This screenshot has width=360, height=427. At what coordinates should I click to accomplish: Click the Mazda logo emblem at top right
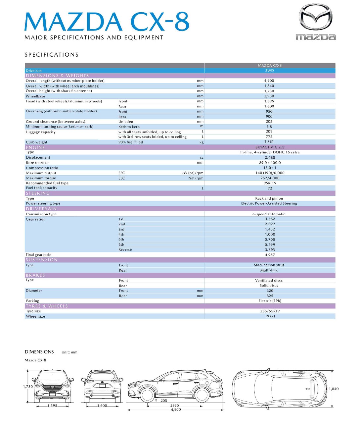click(x=315, y=17)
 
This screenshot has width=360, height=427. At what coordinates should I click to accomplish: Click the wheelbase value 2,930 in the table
click(x=269, y=96)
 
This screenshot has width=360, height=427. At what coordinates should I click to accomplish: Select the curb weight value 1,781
click(x=269, y=142)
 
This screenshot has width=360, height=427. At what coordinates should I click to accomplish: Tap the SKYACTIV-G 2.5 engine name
click(x=270, y=147)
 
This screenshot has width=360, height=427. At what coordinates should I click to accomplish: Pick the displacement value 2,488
click(x=270, y=158)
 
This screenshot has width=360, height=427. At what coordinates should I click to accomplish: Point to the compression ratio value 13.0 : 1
click(x=270, y=168)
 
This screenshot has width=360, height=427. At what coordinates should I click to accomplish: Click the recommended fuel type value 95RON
click(x=270, y=183)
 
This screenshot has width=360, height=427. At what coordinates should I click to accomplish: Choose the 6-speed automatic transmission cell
click(x=268, y=214)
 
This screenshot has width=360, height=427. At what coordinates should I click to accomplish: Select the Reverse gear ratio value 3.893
click(x=270, y=250)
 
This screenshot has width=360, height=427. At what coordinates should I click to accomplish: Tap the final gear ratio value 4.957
click(x=270, y=255)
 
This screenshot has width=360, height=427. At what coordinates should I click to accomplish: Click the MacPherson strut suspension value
click(x=269, y=265)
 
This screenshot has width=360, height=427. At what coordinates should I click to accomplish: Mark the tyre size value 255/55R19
click(x=270, y=311)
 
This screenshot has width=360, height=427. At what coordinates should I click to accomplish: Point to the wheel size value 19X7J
click(x=270, y=316)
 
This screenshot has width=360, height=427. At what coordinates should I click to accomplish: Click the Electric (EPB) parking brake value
click(x=270, y=301)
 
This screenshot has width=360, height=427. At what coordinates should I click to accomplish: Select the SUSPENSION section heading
click(x=42, y=260)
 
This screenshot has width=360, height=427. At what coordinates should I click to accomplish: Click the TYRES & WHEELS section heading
click(x=47, y=306)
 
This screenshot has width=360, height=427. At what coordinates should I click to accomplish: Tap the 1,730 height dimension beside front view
click(x=28, y=387)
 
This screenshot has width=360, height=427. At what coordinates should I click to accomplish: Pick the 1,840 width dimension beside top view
click(x=334, y=389)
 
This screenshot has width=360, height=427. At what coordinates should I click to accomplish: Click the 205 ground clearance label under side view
click(x=164, y=400)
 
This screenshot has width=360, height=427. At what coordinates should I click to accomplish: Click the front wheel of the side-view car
click(x=147, y=395)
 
